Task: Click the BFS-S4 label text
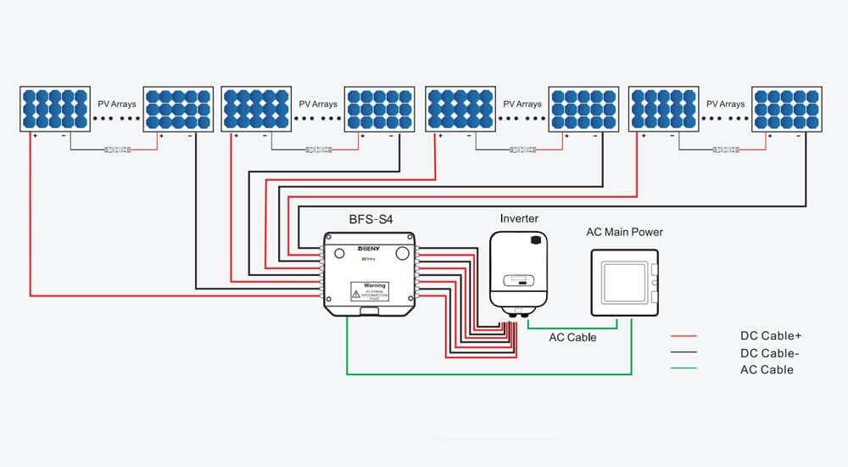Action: (371, 219)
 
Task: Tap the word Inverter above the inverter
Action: (519, 218)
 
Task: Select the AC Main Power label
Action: (624, 232)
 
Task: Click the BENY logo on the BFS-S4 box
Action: (345, 251)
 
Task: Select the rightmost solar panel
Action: (786, 108)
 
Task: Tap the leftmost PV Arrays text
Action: (116, 104)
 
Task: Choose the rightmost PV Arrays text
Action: (725, 104)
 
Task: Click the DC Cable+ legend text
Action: (770, 336)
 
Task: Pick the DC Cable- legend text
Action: (769, 353)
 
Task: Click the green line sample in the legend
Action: (683, 369)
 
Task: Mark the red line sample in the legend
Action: (683, 336)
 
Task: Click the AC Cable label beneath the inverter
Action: (572, 337)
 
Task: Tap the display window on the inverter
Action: (518, 279)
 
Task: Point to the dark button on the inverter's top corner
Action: (535, 240)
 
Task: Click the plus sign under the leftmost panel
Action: (35, 136)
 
